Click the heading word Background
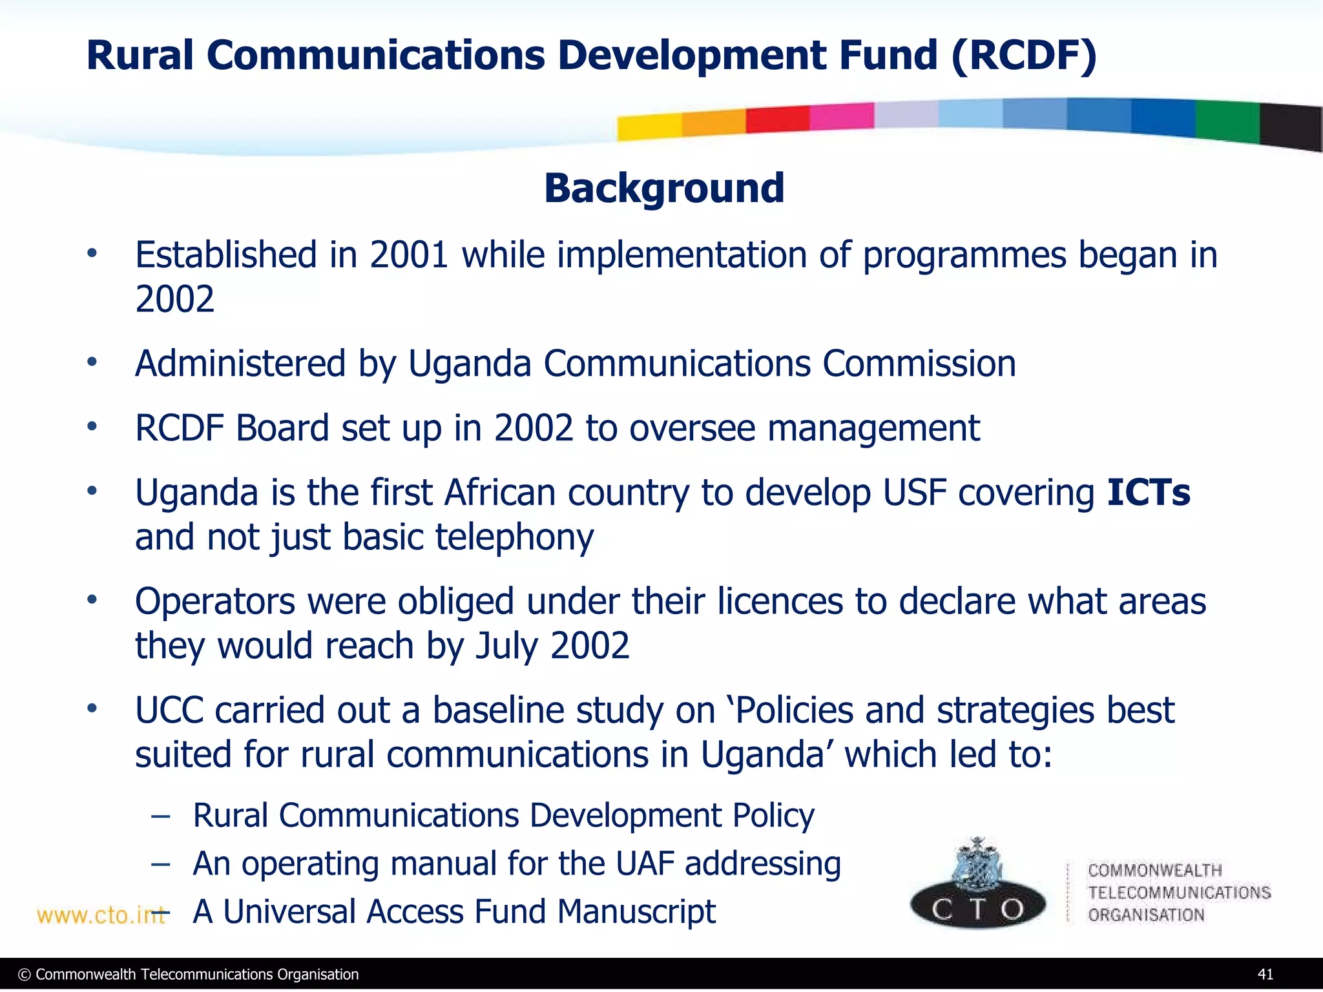coord(664,189)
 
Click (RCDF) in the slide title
coord(1023,56)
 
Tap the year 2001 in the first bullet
coord(409,255)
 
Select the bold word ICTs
coord(1148,493)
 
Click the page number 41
coord(1265,974)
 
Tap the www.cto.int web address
coord(100,915)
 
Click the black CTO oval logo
coord(977,908)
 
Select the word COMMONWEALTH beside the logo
coord(1154,871)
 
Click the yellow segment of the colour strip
coord(649,127)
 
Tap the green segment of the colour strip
coord(1227,121)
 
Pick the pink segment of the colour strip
coord(841,116)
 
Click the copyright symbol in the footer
coord(25,975)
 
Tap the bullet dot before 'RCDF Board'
coord(92,426)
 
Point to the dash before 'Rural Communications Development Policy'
coord(160,816)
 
